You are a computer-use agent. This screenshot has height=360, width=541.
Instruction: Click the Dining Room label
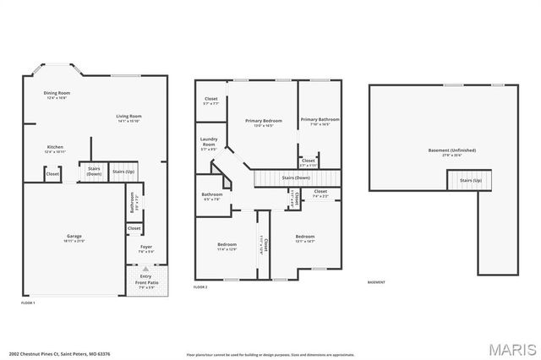[57, 95]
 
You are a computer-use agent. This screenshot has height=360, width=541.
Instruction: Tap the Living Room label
[128, 117]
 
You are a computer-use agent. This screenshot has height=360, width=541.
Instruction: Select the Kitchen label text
[55, 148]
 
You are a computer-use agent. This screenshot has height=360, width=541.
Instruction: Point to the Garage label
[74, 237]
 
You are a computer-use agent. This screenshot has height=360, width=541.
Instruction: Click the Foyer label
[145, 248]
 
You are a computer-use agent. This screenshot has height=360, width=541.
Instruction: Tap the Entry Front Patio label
[145, 278]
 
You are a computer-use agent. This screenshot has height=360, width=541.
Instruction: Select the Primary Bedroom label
[263, 123]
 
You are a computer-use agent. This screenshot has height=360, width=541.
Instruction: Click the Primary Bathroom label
[320, 122]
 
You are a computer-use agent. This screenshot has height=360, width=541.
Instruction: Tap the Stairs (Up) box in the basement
[470, 180]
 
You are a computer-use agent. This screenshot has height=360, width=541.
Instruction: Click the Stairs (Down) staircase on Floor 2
[296, 178]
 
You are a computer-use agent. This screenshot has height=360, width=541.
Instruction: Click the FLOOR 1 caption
[29, 302]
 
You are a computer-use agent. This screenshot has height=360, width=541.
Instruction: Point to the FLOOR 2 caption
[200, 288]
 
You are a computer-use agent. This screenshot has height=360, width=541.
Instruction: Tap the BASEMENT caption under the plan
[376, 282]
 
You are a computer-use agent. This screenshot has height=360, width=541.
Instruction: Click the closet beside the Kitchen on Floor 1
[52, 174]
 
